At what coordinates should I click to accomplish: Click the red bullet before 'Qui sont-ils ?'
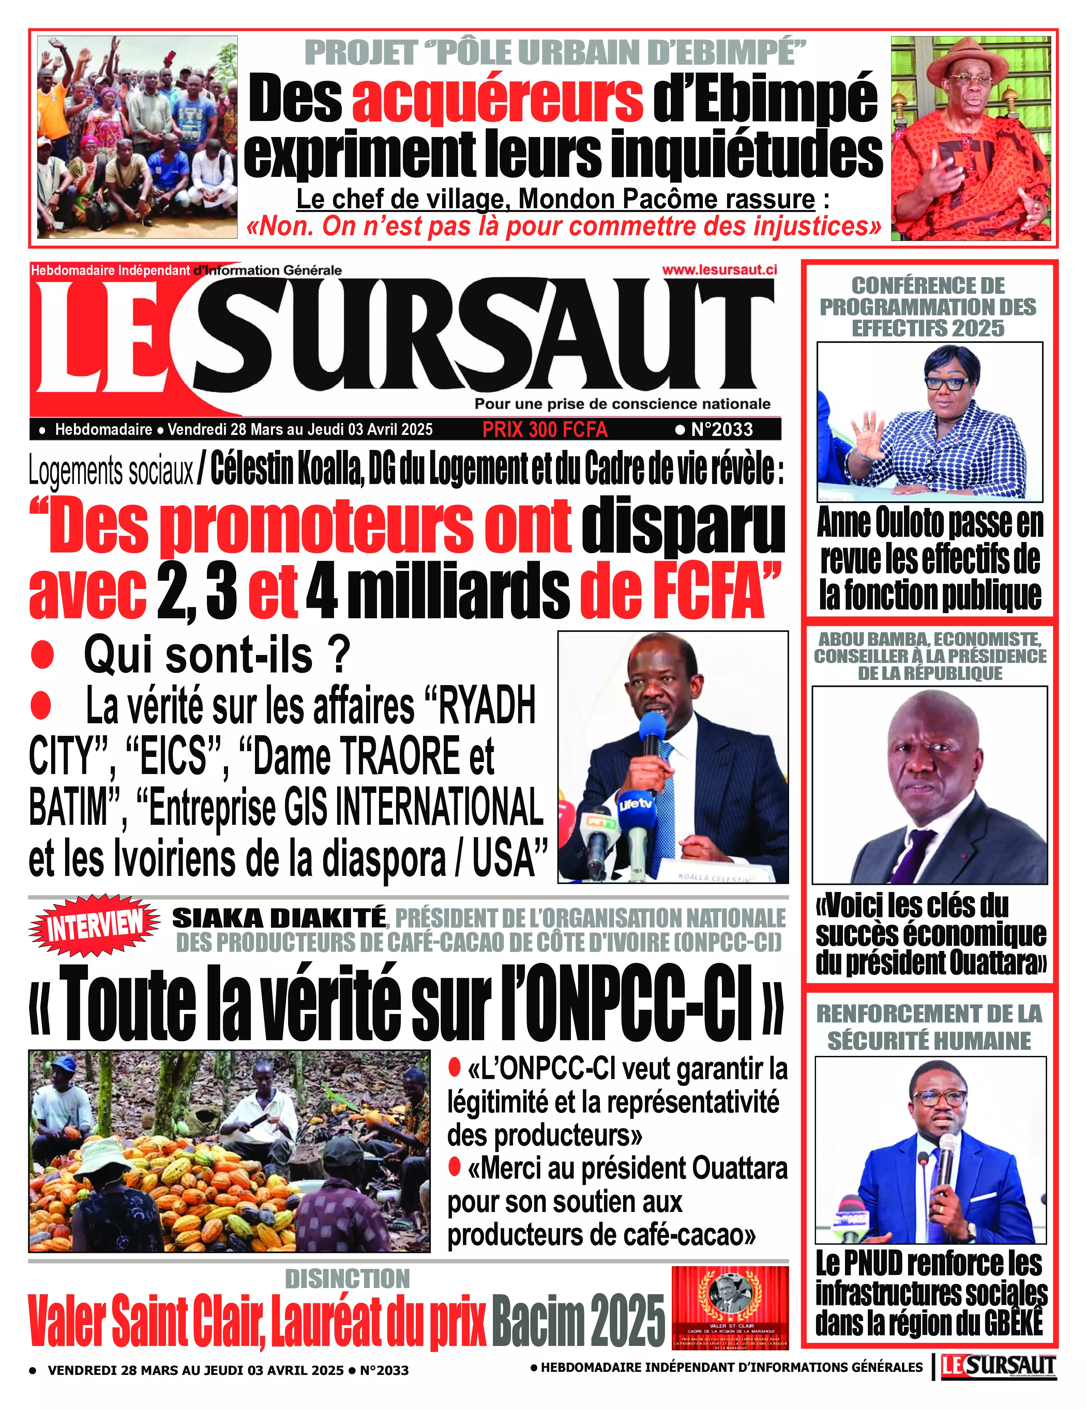tap(43, 655)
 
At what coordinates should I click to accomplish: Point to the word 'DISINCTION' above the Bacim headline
tap(347, 1279)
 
